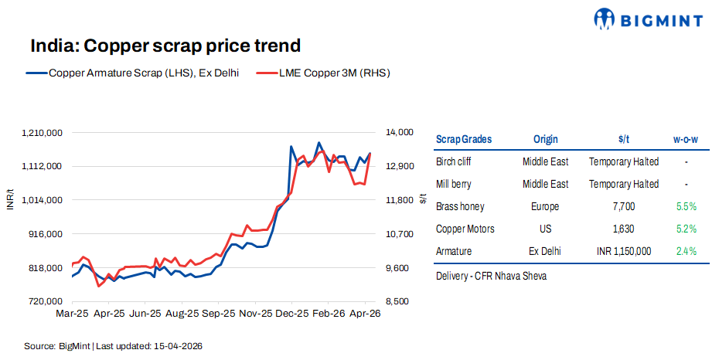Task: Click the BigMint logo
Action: (648, 19)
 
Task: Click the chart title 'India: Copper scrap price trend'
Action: (165, 46)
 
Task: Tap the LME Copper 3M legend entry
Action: (323, 73)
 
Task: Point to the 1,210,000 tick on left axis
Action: (43, 133)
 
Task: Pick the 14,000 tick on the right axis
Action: (400, 133)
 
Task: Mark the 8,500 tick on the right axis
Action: (398, 301)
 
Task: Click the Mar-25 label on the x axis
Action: (72, 314)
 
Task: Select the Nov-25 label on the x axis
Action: (255, 314)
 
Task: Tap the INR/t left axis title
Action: (10, 199)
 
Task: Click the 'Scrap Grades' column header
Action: (464, 140)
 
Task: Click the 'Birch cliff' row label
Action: (453, 162)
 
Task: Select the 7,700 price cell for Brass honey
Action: (623, 207)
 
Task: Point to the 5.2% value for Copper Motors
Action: (686, 229)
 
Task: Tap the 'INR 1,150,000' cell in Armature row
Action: (623, 252)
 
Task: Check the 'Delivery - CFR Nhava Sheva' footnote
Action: (491, 276)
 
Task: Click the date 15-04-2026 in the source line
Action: (179, 346)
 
